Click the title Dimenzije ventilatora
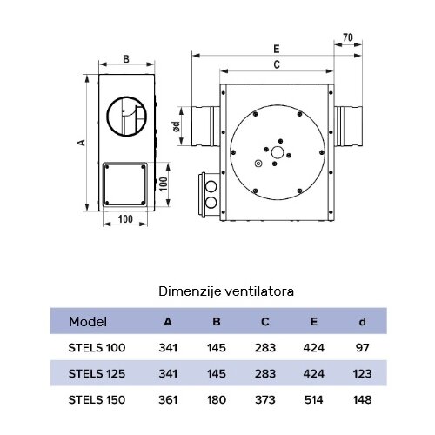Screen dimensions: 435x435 coord(225,292)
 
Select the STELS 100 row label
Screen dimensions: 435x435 coord(97,348)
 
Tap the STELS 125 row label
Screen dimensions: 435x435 coord(97,374)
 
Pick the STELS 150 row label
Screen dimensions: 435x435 coord(97,400)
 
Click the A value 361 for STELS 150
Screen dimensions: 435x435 coord(168,400)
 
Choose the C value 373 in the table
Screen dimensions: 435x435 coord(265,400)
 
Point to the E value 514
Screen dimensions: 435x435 coord(315,400)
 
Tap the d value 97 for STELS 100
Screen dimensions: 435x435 coord(363,348)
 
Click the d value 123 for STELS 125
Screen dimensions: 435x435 coord(363,374)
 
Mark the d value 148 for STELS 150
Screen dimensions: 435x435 coord(363,400)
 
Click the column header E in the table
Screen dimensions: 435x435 coord(315,321)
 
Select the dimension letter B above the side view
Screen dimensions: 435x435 coord(126,59)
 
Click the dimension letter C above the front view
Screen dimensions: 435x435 coord(276,64)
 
